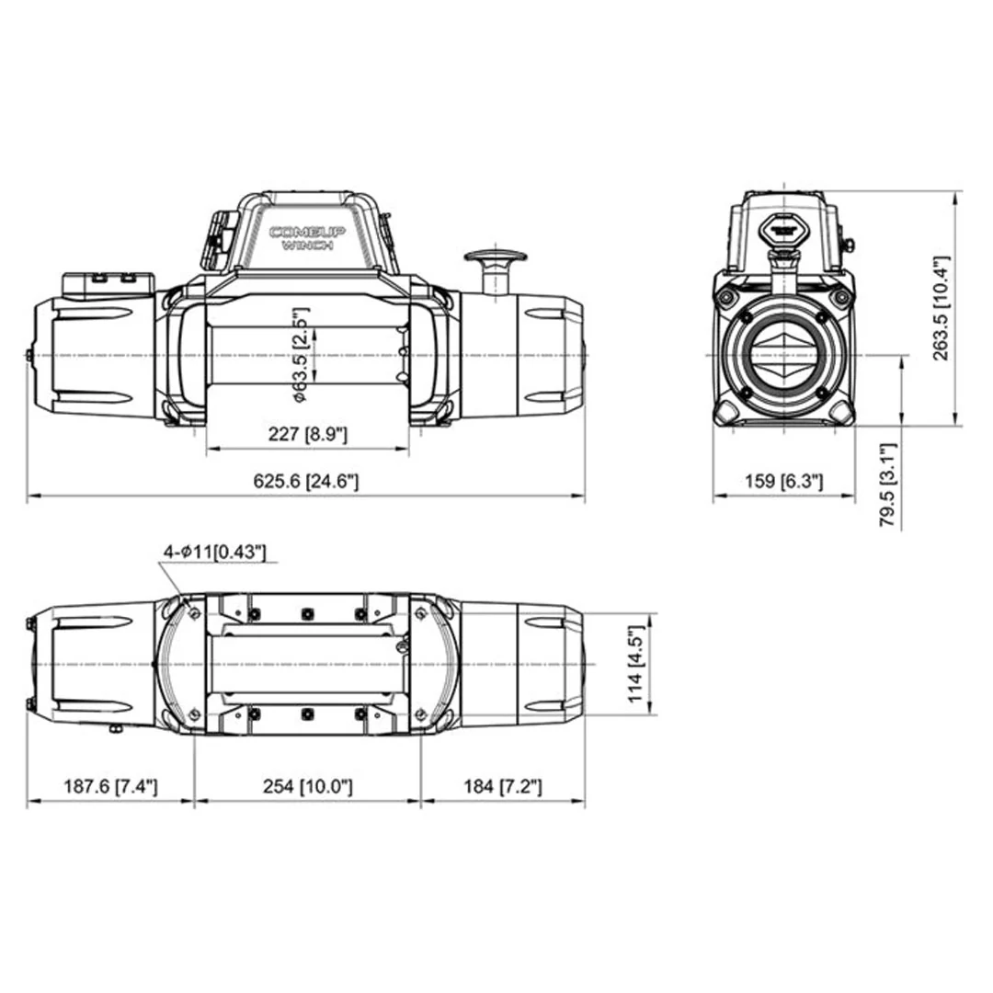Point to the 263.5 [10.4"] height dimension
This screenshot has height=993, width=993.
tap(941, 308)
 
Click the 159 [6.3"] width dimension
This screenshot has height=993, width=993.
tap(783, 482)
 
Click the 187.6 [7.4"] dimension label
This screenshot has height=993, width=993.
tap(110, 786)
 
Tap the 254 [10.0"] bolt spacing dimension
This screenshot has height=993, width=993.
tap(307, 786)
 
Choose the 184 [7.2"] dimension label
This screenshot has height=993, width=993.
tap(502, 786)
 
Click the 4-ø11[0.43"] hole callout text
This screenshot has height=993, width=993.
tap(214, 551)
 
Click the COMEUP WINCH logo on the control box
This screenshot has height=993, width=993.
tap(307, 238)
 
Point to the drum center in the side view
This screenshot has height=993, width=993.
tap(783, 355)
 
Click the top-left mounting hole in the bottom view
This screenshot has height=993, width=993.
tap(194, 614)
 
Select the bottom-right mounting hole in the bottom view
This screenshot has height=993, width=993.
tap(420, 714)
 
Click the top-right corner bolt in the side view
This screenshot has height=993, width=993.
tap(839, 297)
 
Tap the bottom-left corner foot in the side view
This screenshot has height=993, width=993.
tap(729, 411)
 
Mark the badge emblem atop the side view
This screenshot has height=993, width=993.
tap(783, 224)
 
